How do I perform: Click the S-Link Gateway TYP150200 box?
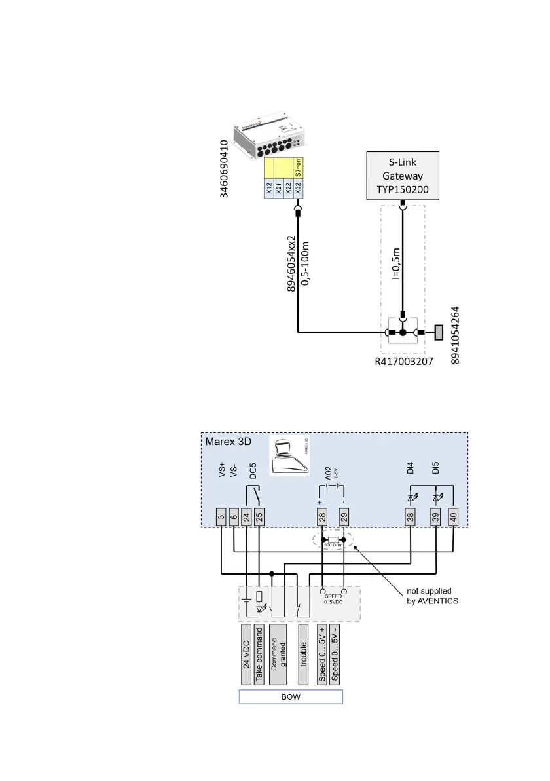coord(402,176)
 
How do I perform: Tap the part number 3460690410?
coord(225,169)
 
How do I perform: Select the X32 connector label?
coord(298,189)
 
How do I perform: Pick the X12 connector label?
coord(269,189)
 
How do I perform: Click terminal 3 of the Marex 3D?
coord(221,517)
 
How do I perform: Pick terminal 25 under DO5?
coord(259,517)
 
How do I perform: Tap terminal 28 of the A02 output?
coord(322,517)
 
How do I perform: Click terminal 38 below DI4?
coord(410,517)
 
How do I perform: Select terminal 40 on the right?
coord(453,517)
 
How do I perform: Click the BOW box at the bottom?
coord(291,696)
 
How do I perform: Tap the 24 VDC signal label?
coord(246,653)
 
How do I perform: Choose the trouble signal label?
coord(303,653)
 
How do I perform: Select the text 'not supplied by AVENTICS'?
coord(429,596)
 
